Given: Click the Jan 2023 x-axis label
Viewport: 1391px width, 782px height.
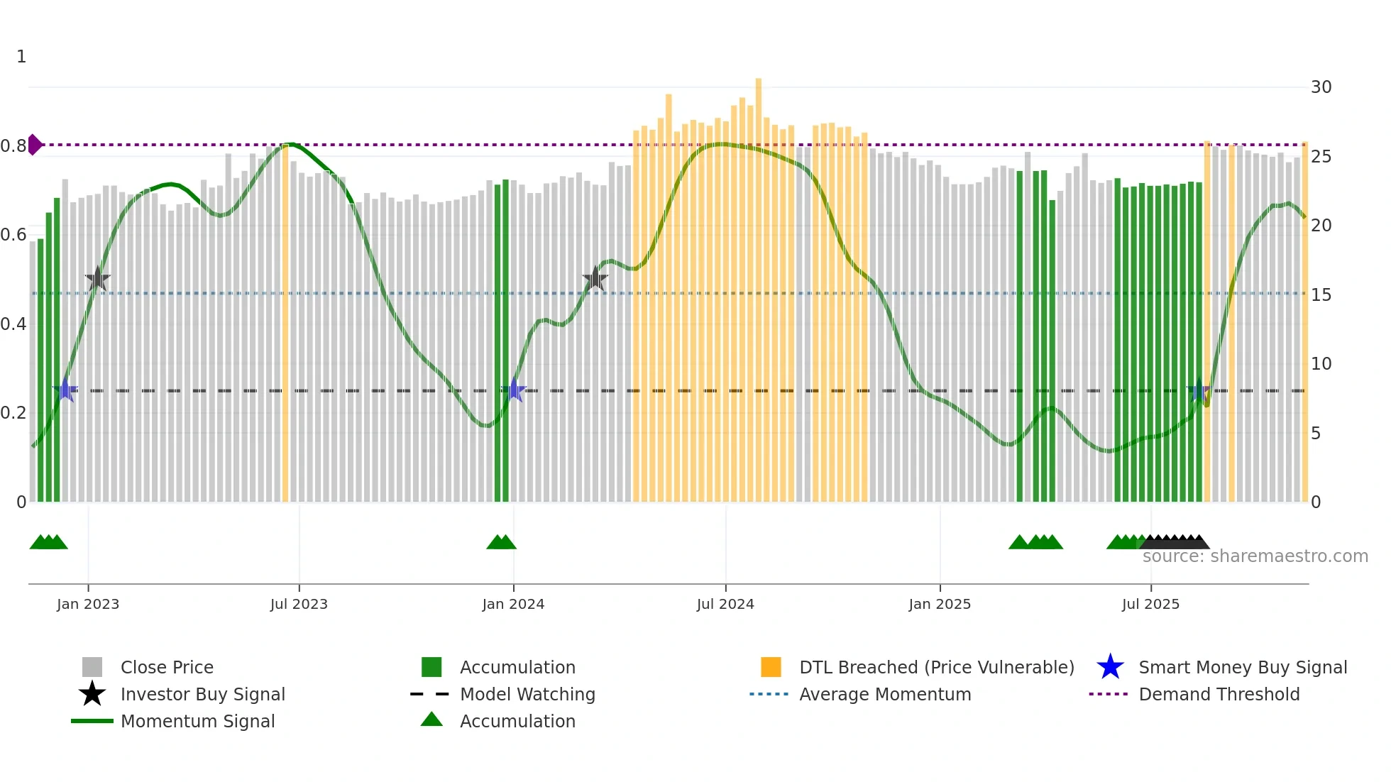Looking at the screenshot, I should (88, 604).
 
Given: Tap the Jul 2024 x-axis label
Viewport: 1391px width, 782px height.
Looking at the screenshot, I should (725, 604).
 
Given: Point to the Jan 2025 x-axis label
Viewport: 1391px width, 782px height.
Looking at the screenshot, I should (940, 604).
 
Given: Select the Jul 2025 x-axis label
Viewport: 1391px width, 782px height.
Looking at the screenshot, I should (1150, 604).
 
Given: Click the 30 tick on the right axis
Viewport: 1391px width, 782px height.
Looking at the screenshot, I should (1321, 87).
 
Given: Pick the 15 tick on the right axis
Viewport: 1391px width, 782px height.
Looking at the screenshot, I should (1321, 294).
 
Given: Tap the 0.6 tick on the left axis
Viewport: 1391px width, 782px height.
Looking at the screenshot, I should (13, 235).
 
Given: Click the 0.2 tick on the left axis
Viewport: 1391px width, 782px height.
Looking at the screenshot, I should (13, 412).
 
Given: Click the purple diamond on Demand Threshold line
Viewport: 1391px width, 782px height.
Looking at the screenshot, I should (34, 145).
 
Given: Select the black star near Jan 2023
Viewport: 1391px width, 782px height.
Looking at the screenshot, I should (97, 279).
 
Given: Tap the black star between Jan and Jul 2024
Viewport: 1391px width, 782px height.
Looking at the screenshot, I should (595, 279).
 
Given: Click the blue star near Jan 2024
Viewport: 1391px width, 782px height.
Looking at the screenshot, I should (514, 390).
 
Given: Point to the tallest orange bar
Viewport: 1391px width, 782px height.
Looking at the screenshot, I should (759, 284).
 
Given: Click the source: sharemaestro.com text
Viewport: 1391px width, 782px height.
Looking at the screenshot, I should (1255, 556).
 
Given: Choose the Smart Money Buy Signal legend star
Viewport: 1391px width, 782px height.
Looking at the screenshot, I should (1110, 667).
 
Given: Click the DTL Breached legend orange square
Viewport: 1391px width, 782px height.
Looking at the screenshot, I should (771, 667).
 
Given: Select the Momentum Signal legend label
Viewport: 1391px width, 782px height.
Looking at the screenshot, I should (197, 721).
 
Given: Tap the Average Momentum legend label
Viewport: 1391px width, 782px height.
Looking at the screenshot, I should (885, 694).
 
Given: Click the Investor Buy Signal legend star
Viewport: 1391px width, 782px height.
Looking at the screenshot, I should (92, 694).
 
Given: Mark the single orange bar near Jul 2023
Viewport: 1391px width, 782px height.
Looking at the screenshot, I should (285, 319).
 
